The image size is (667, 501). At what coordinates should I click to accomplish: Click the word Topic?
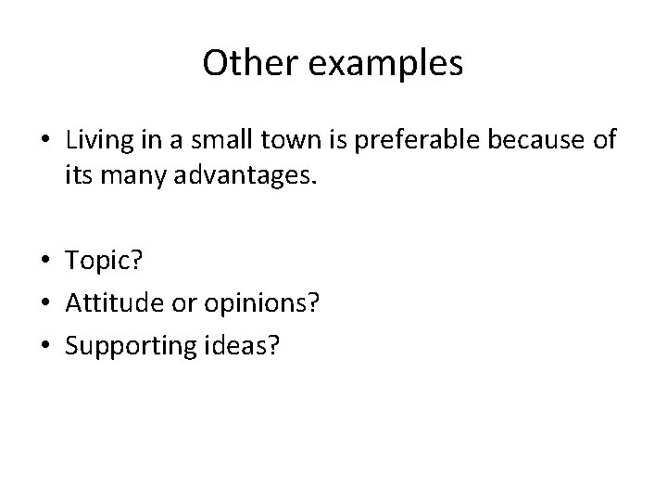click(104, 263)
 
